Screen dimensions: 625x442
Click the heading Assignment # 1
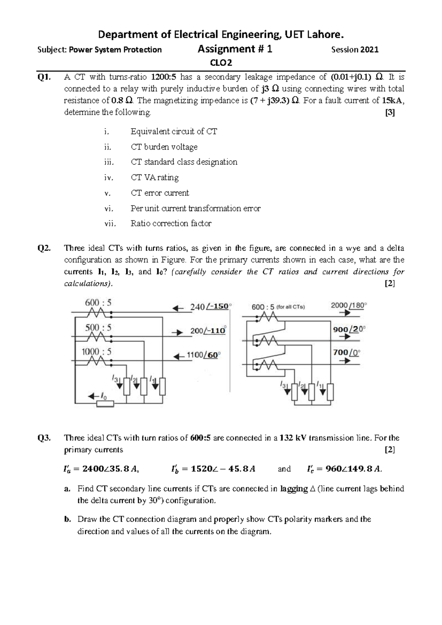click(x=235, y=49)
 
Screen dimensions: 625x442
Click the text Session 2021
click(x=355, y=50)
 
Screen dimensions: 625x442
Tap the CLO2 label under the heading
click(x=221, y=63)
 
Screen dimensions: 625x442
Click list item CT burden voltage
click(x=164, y=147)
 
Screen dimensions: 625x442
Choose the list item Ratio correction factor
click(x=171, y=223)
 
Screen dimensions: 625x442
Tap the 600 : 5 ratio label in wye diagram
click(x=98, y=303)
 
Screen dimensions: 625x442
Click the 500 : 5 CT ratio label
click(x=98, y=328)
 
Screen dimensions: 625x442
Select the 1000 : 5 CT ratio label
click(x=96, y=352)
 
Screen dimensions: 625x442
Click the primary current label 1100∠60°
click(x=203, y=355)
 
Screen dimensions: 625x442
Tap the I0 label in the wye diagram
click(x=104, y=396)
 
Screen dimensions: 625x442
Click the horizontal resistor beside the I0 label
click(x=105, y=404)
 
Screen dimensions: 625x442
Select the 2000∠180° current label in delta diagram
click(x=349, y=305)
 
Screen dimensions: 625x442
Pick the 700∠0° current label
click(x=346, y=353)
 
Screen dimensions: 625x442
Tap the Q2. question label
click(x=44, y=248)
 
